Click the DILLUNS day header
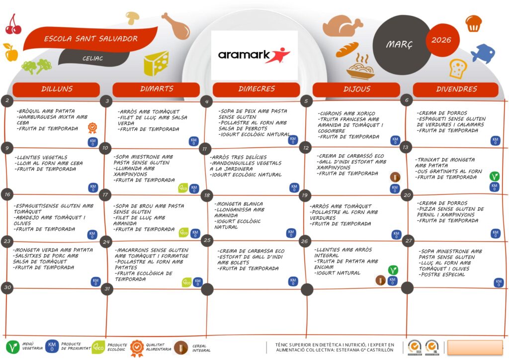tap(57, 90)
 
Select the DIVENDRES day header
tap(456, 90)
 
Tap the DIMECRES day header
tap(256, 90)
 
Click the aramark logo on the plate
tap(254, 55)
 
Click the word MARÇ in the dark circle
tap(399, 45)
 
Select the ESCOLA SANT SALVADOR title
tap(91, 39)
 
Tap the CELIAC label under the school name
tap(93, 58)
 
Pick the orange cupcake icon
tap(473, 22)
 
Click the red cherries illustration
tap(13, 25)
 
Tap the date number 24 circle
tap(105, 243)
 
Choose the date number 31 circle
tap(106, 289)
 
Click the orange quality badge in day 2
tap(92, 128)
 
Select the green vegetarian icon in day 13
tap(494, 176)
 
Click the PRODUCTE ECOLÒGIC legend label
tap(117, 347)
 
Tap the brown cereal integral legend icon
tap(181, 347)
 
